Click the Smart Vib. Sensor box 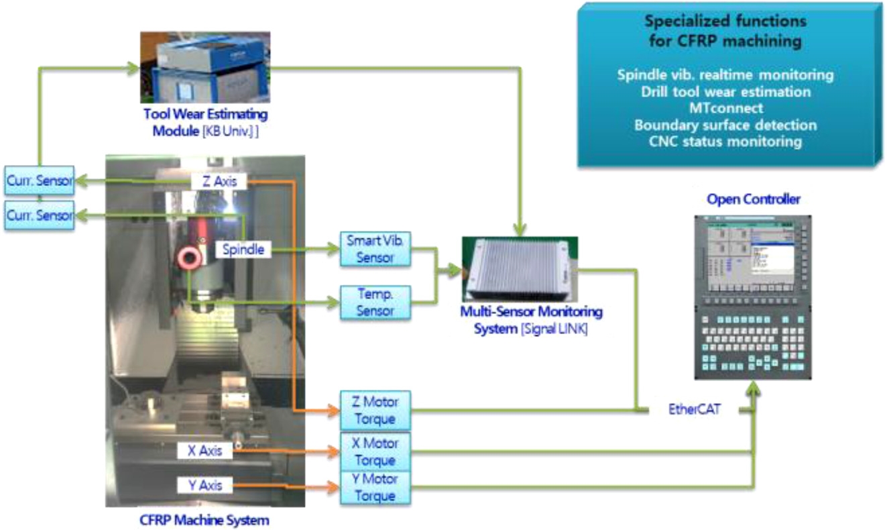(375, 248)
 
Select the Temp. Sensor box (375, 302)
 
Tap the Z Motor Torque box (375, 410)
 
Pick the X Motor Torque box (375, 452)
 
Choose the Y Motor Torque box (375, 488)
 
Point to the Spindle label (244, 250)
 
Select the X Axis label (205, 451)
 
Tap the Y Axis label (205, 484)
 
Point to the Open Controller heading (753, 199)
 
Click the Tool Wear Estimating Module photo (204, 66)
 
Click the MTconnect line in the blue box (725, 108)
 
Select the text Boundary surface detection (725, 125)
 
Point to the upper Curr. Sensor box (39, 182)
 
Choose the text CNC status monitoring (725, 142)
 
